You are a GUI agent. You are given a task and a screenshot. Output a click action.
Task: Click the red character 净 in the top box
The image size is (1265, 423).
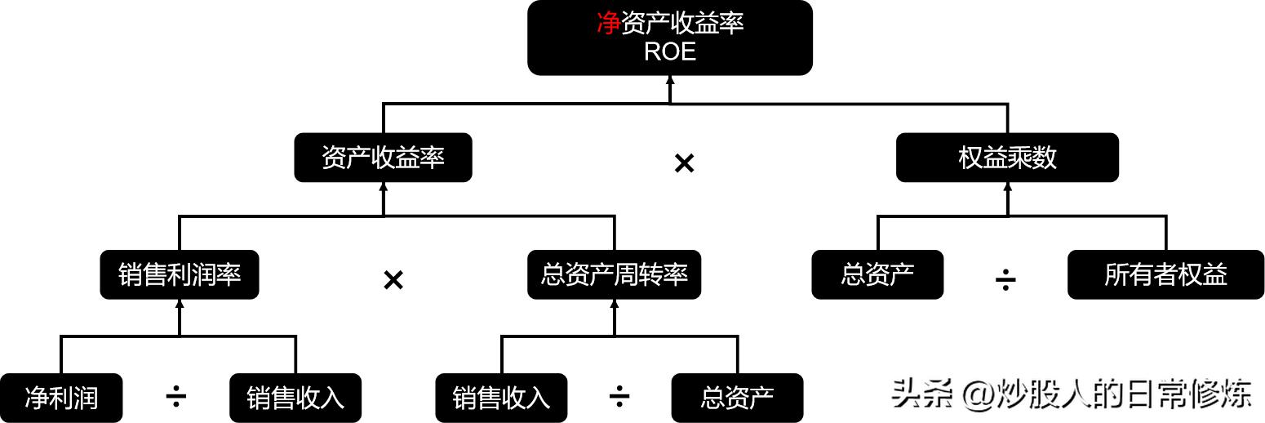608,24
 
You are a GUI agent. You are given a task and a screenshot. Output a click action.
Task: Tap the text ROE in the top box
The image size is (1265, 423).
670,51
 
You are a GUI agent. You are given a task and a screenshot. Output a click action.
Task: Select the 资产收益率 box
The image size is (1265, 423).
383,158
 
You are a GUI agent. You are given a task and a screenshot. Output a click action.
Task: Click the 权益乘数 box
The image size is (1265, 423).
1007,158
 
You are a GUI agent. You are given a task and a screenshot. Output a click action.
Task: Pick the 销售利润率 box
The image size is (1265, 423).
180,274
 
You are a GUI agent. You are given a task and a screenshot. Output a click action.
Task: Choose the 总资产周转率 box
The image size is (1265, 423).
614,274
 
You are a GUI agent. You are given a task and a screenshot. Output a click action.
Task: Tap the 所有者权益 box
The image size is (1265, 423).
1165,274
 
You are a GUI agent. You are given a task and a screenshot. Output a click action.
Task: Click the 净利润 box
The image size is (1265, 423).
61,398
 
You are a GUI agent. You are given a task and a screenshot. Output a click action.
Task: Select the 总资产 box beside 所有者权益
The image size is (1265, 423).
877,274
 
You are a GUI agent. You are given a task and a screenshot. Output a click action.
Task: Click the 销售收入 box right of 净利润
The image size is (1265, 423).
295,398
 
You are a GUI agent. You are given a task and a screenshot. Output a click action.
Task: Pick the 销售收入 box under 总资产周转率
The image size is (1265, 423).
501,398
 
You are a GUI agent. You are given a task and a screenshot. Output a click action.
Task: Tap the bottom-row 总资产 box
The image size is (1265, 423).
737,398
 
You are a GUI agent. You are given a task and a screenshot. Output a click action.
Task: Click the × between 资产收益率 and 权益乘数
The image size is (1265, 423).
684,163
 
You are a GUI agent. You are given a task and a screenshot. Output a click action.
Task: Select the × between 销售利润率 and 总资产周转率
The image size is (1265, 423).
393,280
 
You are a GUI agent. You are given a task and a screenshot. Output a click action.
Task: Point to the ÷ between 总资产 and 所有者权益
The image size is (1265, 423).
1005,281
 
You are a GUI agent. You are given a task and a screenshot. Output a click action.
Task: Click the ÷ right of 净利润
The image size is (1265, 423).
175,398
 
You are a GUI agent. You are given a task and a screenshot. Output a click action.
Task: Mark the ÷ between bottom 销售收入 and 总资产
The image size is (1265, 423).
619,398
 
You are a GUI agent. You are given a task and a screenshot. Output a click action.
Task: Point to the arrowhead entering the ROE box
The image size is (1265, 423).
670,81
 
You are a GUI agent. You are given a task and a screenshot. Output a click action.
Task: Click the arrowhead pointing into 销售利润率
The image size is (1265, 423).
180,305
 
